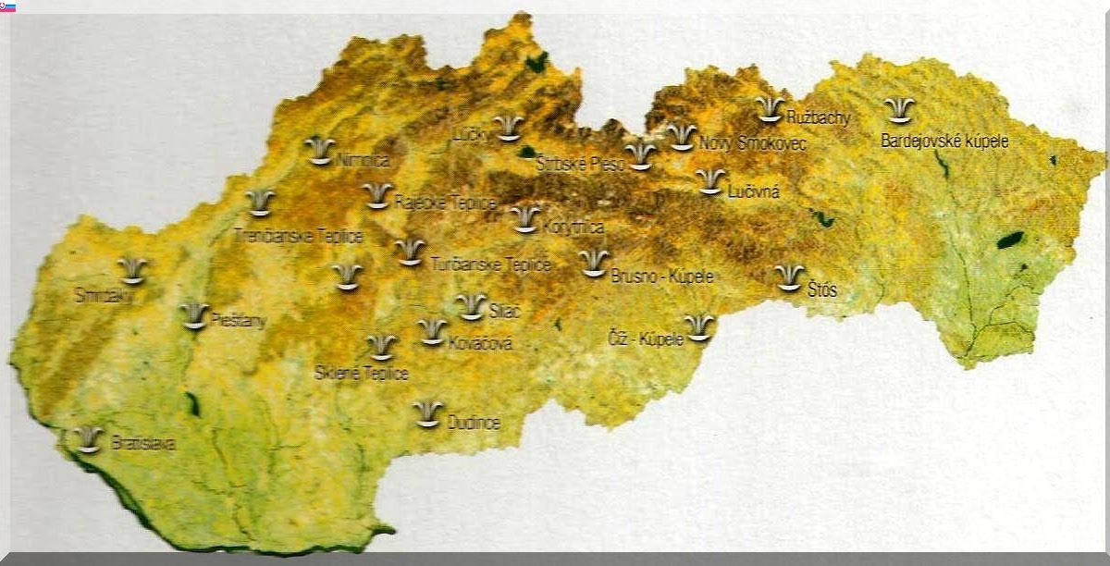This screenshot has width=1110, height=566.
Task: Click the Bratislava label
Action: pos(143,444)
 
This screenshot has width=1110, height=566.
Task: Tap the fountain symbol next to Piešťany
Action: pos(194,315)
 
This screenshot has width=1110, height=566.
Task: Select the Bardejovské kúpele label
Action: pos(944,141)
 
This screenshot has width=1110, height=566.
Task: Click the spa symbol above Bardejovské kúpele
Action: pos(899,110)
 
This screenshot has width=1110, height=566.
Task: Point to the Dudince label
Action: pos(474,424)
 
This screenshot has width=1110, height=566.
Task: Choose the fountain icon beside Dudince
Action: pos(427,413)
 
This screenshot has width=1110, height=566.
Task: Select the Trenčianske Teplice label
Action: pos(299,237)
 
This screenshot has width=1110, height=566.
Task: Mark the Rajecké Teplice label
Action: pos(446,203)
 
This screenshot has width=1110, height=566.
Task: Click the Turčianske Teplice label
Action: pos(491,265)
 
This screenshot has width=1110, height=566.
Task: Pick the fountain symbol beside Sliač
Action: pos(472,306)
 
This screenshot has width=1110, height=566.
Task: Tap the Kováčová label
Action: pos(479,344)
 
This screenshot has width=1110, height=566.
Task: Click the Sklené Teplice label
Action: pos(362,374)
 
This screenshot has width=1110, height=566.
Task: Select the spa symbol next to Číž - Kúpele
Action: pos(699,327)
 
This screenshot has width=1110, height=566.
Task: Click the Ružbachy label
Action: pos(818,117)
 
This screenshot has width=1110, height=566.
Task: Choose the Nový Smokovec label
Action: pos(752,144)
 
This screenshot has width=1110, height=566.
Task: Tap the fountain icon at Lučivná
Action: pos(710,180)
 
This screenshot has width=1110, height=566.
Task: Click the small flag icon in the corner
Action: pos(7,6)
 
